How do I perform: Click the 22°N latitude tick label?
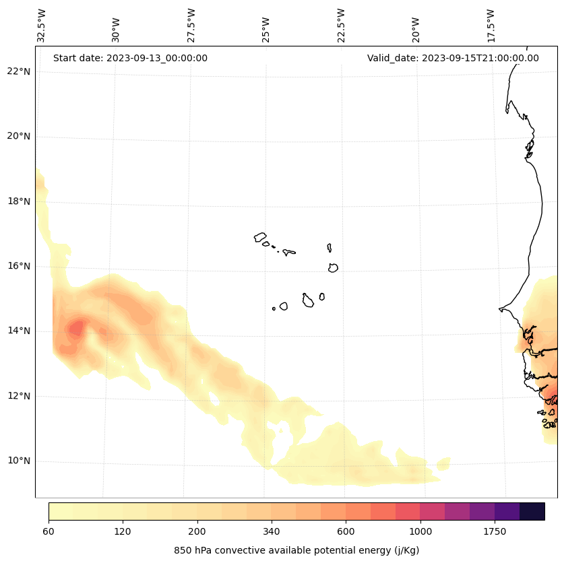[19, 71]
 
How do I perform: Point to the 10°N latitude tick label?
[19, 461]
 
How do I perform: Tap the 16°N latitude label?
[19, 266]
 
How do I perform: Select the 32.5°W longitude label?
[42, 26]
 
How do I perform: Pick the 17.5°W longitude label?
[491, 26]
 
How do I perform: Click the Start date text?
[130, 58]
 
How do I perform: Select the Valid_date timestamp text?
[453, 58]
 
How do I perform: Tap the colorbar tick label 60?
[49, 532]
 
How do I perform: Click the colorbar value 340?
[271, 532]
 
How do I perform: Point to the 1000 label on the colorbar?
[420, 532]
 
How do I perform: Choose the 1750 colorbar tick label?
[495, 532]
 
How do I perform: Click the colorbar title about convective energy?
[296, 550]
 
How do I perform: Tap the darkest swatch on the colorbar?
[532, 511]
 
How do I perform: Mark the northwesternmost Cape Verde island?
[260, 237]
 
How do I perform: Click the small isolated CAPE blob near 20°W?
[443, 464]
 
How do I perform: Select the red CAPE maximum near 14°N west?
[75, 329]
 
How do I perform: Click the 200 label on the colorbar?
[197, 532]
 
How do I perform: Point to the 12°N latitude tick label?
[19, 396]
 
